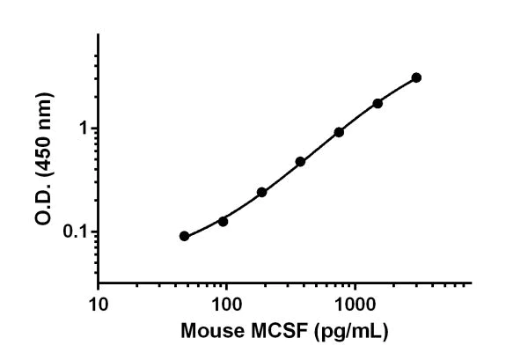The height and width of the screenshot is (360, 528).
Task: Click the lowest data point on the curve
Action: [x=184, y=236]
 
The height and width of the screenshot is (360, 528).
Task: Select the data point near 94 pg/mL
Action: [x=223, y=221]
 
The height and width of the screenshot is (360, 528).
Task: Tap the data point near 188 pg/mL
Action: [x=261, y=192]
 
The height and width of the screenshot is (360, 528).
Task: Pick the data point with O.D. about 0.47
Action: [x=300, y=162]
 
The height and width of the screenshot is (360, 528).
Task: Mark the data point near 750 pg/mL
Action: [x=339, y=132]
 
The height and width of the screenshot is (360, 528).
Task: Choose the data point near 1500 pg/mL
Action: [x=378, y=103]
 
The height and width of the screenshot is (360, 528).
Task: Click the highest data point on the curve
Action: [x=416, y=77]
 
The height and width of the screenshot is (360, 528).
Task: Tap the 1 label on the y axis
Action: [x=84, y=129]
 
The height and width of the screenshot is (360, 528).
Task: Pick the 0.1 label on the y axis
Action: [x=79, y=232]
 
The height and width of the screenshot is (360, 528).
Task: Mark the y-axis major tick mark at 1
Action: [x=94, y=129]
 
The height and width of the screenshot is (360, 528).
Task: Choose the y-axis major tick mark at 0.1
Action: [x=94, y=232]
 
